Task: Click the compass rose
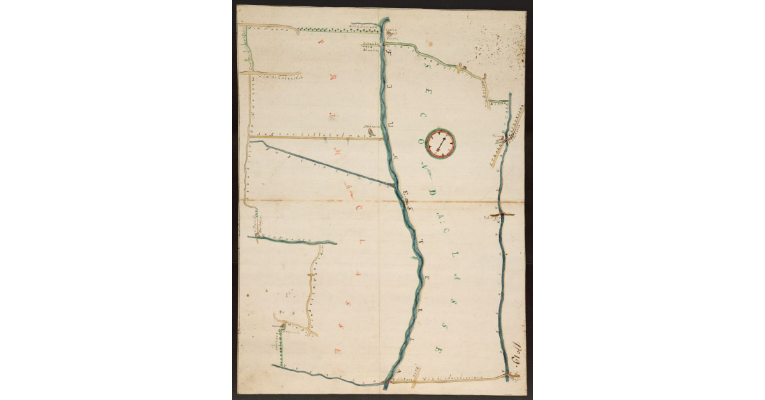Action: (x=441, y=142)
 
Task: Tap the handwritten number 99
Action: (x=517, y=352)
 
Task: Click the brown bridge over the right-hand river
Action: (x=502, y=215)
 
